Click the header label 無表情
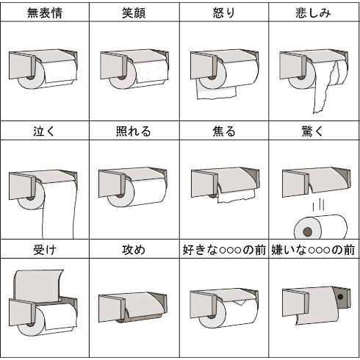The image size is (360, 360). click(45, 12)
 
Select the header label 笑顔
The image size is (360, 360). click(134, 12)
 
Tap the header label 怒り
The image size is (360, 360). click(224, 12)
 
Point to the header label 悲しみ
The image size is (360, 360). click(313, 12)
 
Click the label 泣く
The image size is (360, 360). click(44, 132)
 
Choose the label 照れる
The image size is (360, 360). click(134, 132)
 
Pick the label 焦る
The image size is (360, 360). click(224, 132)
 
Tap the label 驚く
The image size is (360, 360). click(313, 132)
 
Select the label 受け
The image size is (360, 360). click(45, 250)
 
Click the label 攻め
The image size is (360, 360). click(134, 250)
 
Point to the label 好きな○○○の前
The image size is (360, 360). click(224, 250)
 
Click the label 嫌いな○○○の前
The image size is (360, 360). click(313, 250)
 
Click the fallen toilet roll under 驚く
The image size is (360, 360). click(320, 227)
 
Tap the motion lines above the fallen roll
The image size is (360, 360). click(318, 205)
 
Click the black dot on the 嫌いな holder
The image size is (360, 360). click(340, 297)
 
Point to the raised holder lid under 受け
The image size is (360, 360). click(38, 285)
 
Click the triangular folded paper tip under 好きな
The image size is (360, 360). click(240, 303)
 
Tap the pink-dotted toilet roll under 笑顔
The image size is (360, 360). click(138, 74)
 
